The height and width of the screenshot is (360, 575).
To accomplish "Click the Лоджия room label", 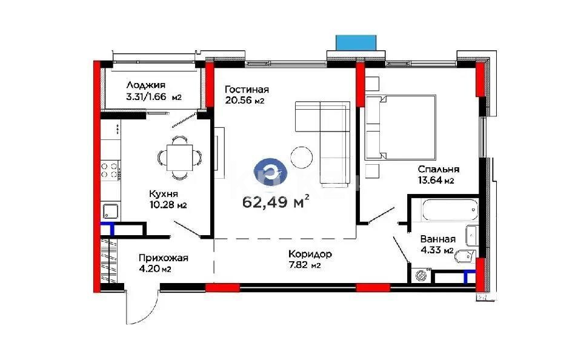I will pos(145,85).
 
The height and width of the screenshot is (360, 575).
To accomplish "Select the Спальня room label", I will pos(438,170).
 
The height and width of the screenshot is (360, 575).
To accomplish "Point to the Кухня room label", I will pos(164,194).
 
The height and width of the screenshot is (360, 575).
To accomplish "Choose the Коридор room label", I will pos(310,255).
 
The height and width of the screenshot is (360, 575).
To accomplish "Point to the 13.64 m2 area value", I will pos(436,181).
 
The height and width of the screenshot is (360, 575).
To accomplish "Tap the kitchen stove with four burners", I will pos(110,170).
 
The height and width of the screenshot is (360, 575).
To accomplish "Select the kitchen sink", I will pos(110,212).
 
